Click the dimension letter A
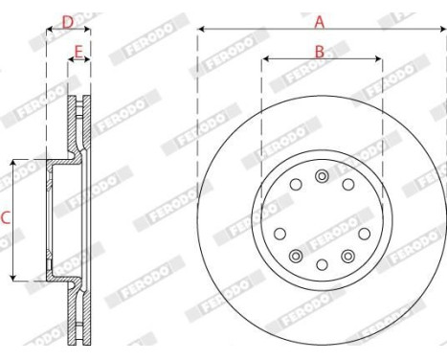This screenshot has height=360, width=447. tap(320, 18)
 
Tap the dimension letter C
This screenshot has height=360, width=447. tap(6, 218)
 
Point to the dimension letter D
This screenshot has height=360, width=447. tap(67, 19)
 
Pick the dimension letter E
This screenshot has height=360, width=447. tap(78, 51)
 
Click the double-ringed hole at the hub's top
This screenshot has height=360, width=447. tap(322, 177)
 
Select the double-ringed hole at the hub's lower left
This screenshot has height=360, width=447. tap(296, 256)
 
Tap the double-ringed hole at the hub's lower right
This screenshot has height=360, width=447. tap(347, 256)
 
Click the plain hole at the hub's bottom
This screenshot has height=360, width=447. tap(322, 264)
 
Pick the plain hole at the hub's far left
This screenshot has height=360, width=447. tap(279, 233)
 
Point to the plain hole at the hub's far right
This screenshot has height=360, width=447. tap(365, 233)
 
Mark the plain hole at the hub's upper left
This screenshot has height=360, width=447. tap(296, 185)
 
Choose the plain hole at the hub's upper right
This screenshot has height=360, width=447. tap(348, 185)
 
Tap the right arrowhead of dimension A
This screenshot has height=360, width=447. tap(442, 29)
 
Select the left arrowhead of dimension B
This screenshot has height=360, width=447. tap(265, 59)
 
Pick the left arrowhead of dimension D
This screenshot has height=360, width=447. tap(49, 29)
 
